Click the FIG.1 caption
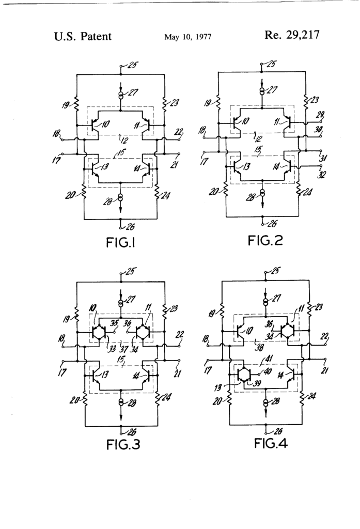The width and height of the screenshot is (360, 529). tap(120, 242)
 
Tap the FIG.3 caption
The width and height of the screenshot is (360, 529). tap(120, 444)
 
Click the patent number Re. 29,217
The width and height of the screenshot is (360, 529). tap(292, 36)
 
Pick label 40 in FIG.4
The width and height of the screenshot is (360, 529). tap(268, 370)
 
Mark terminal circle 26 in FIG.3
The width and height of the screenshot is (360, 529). tap(120, 427)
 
